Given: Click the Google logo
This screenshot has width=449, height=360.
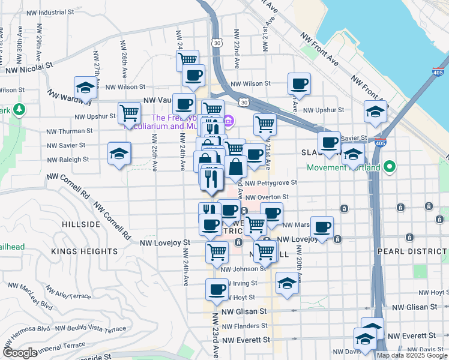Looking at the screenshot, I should pyautogui.click(x=20, y=353).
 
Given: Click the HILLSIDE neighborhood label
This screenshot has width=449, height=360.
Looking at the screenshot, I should pyautogui.click(x=80, y=224).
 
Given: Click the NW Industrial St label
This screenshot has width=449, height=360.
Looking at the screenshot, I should pyautogui.click(x=57, y=12).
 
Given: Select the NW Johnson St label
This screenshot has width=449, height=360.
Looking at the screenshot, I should pyautogui.click(x=238, y=269).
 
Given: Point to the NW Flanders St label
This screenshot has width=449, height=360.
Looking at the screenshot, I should pyautogui.click(x=245, y=326).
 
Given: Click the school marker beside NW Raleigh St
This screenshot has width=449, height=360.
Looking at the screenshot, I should pyautogui.click(x=119, y=153).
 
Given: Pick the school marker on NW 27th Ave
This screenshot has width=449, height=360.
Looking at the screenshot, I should pyautogui.click(x=85, y=88).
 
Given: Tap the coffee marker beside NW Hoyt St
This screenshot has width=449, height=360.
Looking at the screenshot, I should pyautogui.click(x=217, y=290).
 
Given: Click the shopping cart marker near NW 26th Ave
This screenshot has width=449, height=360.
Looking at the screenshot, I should pyautogui.click(x=130, y=112).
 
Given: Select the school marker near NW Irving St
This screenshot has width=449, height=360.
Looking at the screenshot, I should pyautogui.click(x=288, y=283).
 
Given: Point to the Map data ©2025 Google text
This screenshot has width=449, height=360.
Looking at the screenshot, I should pyautogui.click(x=411, y=355).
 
